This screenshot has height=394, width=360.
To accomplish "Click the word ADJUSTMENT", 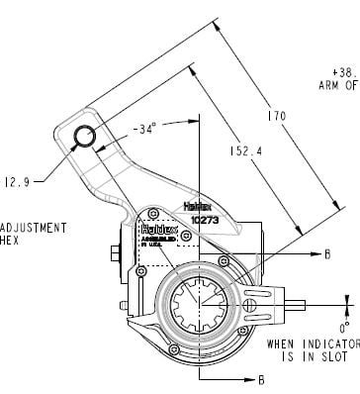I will (x=34, y=227).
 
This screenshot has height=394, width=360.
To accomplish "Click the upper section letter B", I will (x=326, y=253).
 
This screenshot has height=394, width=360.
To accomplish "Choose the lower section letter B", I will (x=261, y=378).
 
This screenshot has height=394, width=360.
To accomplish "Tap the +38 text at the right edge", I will (x=346, y=72).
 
